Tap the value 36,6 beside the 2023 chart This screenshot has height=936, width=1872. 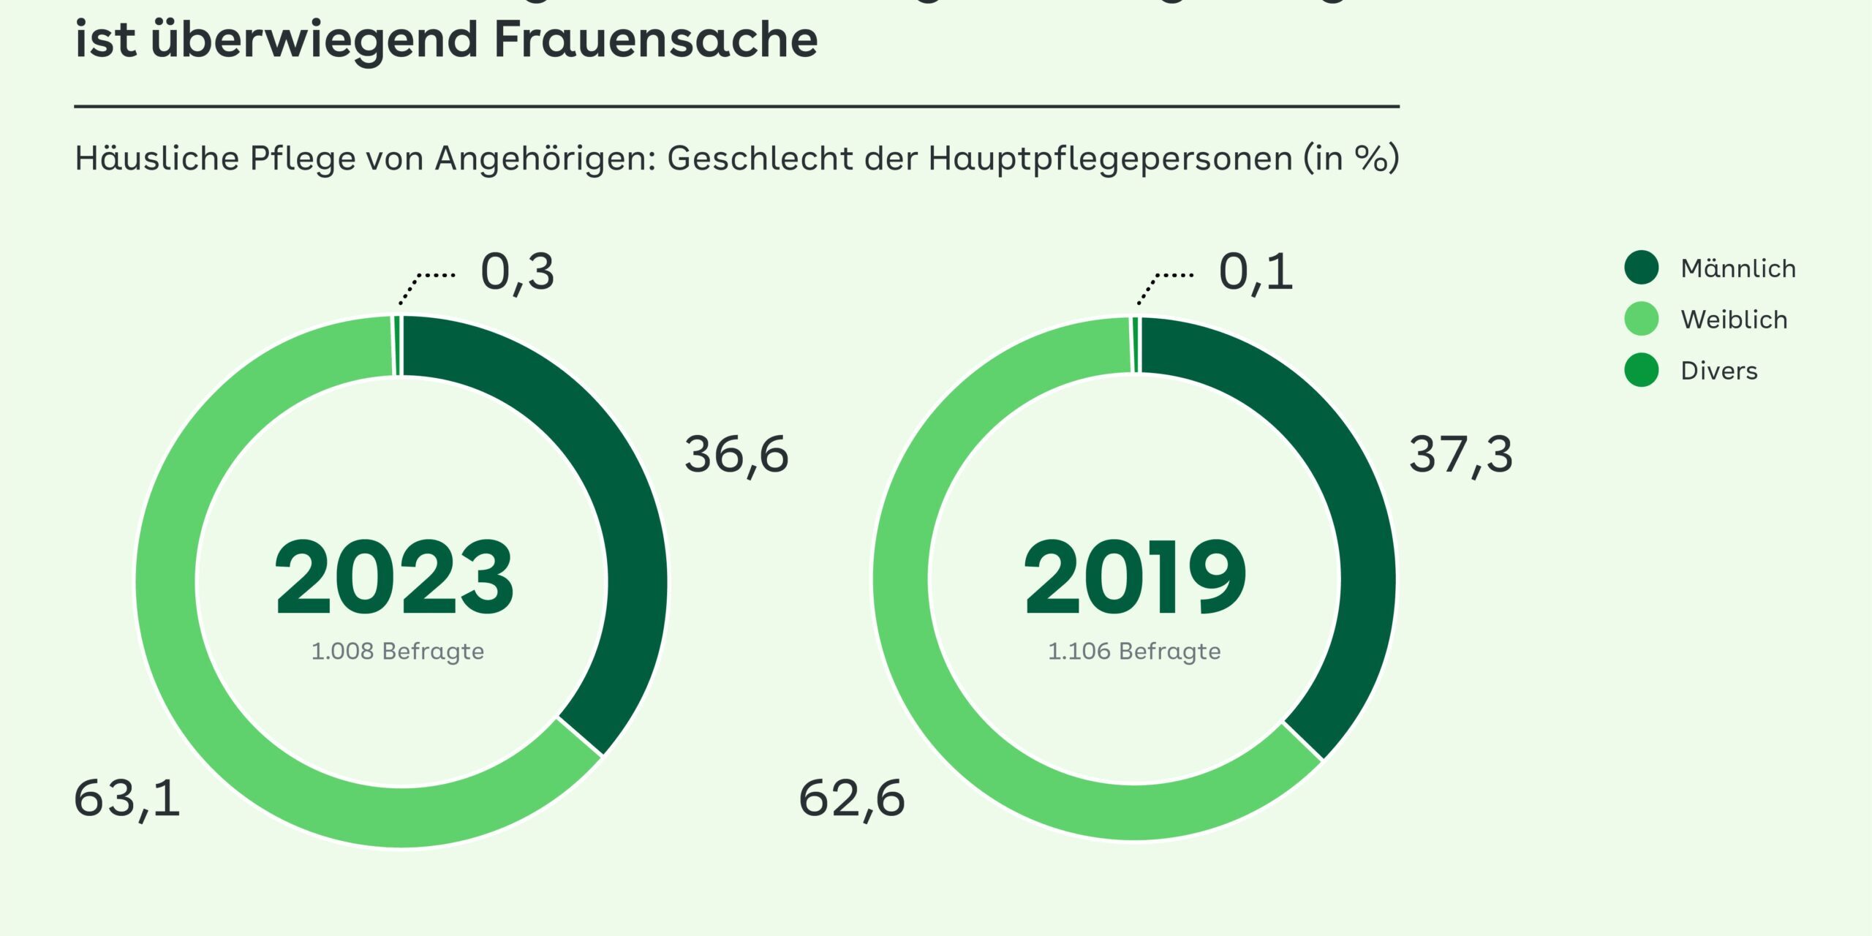pos(736,455)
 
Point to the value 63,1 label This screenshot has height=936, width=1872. pos(127,799)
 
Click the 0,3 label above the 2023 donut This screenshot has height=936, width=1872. pos(517,273)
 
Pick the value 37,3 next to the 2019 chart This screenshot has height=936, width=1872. pos(1460,455)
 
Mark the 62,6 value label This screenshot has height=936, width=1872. pos(851,799)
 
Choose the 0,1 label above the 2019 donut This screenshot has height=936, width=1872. pos(1255,273)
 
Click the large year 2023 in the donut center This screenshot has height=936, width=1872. pos(395,578)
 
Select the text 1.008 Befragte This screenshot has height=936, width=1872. pos(397,651)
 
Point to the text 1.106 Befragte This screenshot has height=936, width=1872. pos(1134,651)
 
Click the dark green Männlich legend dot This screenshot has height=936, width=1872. pos(1642,268)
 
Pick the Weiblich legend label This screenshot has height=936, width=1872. pos(1734,320)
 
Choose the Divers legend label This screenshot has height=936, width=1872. pos(1718,371)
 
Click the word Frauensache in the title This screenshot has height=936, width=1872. pos(656,39)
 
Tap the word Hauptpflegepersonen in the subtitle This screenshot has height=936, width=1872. pos(1110,159)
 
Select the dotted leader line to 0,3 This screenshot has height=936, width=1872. pos(424,282)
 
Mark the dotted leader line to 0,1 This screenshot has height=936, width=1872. pos(1163,282)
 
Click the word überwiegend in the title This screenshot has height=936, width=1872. pos(314,39)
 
